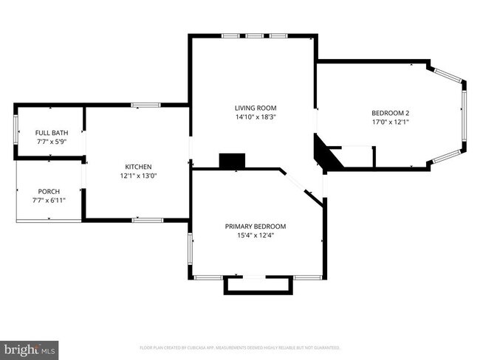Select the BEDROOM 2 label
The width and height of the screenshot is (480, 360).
(391, 113)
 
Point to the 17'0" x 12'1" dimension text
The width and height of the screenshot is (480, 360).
(391, 122)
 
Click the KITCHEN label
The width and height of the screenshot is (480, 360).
(138, 167)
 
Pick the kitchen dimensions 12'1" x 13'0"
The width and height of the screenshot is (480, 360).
(138, 176)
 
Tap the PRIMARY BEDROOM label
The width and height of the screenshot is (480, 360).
(256, 226)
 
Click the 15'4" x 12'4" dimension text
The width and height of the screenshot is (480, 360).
(256, 236)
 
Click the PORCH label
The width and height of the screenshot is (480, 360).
(49, 190)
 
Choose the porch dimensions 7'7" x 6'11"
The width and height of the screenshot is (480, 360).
(49, 199)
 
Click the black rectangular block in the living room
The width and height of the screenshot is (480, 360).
(232, 161)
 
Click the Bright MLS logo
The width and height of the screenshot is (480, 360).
(30, 347)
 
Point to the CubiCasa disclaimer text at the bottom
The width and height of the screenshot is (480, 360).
(240, 347)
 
